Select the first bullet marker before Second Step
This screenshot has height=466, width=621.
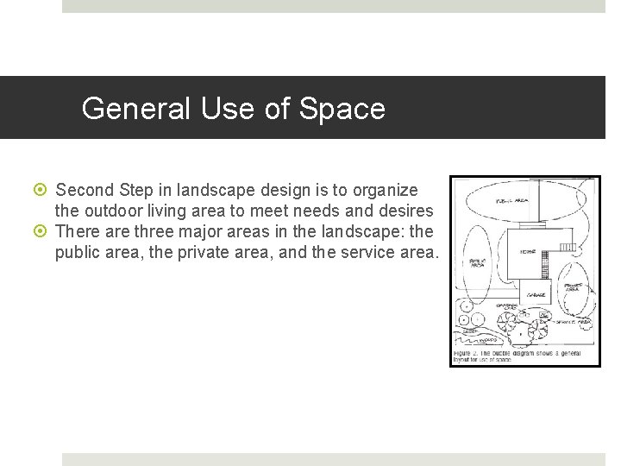tap(45, 190)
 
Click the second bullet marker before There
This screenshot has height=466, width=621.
tap(45, 232)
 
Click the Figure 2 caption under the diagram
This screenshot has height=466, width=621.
tap(516, 356)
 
